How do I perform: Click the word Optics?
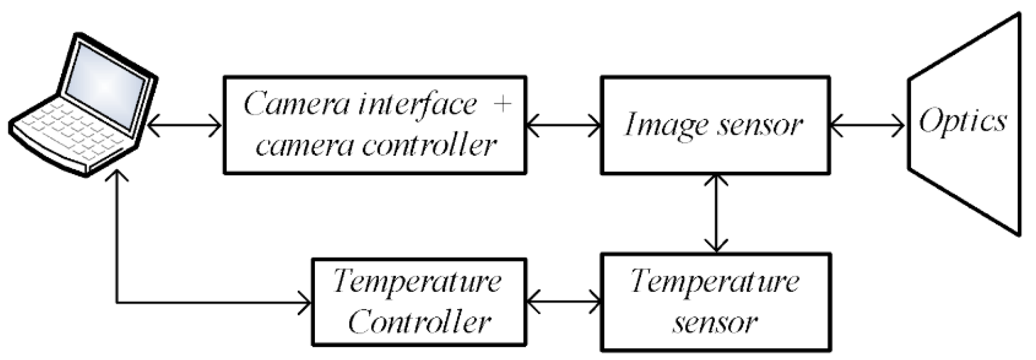(963, 121)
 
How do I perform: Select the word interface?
(417, 104)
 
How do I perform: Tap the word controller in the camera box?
(429, 145)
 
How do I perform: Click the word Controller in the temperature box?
(419, 322)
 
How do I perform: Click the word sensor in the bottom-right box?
(715, 322)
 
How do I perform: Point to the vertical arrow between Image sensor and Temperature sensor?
(716, 213)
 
